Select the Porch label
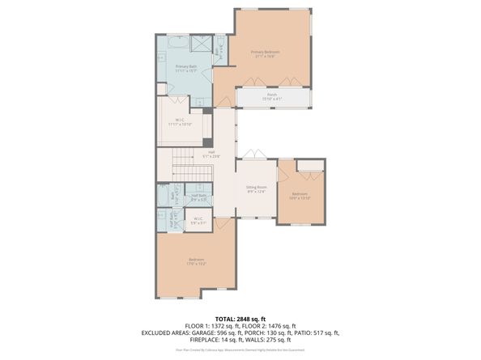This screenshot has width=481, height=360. (x=272, y=95)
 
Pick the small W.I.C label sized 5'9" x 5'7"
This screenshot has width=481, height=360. (x=198, y=219)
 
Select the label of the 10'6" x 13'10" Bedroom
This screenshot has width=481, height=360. (x=300, y=196)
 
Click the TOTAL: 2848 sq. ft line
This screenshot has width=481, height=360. (x=240, y=318)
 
